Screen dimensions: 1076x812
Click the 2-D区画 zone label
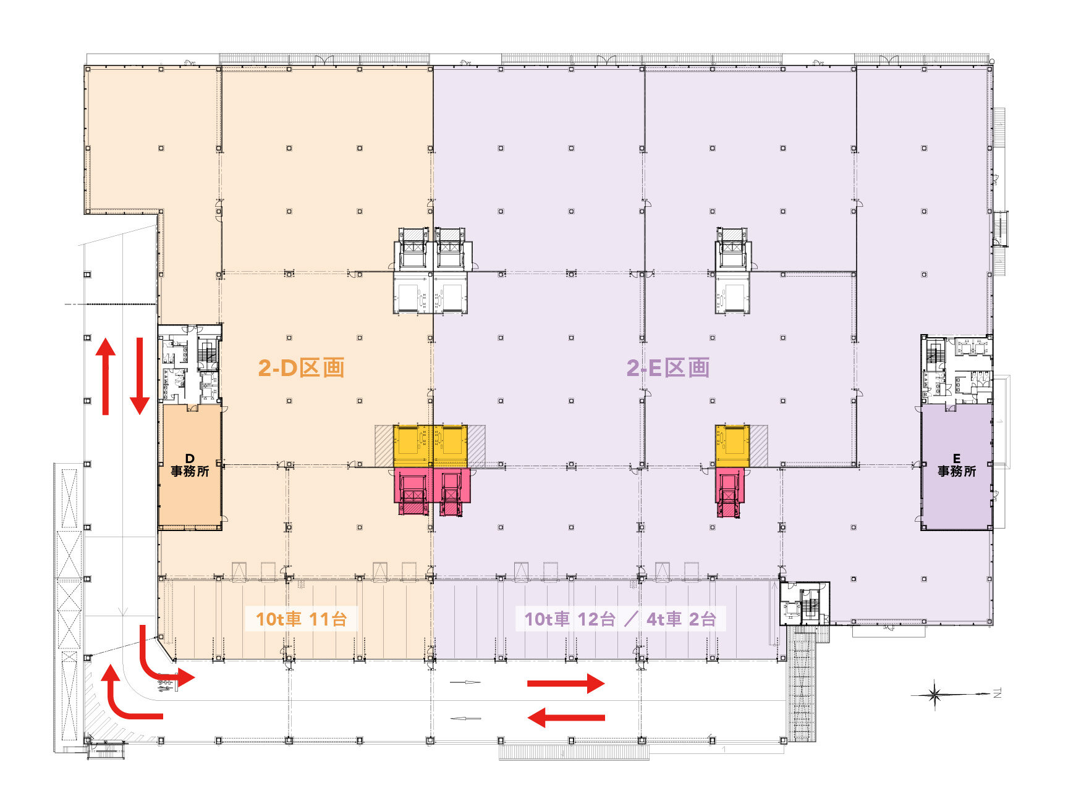click(301, 368)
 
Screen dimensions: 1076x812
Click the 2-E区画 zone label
click(667, 368)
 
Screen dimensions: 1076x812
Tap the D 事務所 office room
click(190, 466)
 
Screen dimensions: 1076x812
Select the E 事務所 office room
click(957, 466)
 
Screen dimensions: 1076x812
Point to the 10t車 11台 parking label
click(301, 619)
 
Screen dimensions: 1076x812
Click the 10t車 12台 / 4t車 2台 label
click(620, 619)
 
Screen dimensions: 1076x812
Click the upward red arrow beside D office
click(106, 376)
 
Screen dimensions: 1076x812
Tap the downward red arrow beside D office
click(140, 376)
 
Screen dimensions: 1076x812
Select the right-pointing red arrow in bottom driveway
click(566, 684)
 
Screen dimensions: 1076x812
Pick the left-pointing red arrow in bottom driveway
click(566, 718)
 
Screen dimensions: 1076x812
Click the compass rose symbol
click(934, 695)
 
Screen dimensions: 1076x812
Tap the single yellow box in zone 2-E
click(732, 445)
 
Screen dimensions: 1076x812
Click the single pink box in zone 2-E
click(730, 492)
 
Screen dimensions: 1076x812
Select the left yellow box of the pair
click(413, 445)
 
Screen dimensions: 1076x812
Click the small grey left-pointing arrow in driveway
click(465, 718)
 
